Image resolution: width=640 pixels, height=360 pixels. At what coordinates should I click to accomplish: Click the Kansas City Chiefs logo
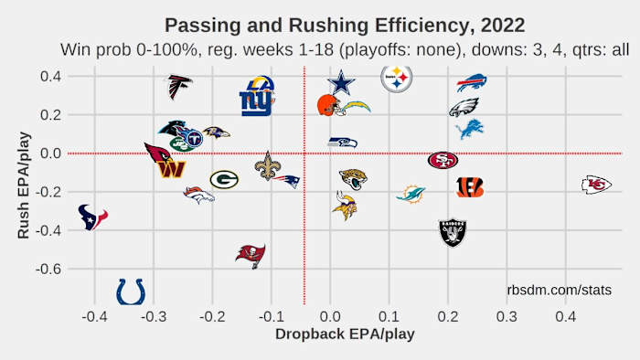596,185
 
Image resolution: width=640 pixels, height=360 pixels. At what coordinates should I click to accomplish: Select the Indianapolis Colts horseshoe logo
130,291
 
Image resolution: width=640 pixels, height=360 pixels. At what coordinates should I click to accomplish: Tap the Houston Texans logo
92,217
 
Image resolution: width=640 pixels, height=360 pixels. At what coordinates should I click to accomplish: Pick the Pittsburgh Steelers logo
397,80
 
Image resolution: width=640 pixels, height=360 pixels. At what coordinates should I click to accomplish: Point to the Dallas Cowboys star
341,83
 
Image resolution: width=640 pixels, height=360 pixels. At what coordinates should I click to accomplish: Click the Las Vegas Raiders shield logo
453,233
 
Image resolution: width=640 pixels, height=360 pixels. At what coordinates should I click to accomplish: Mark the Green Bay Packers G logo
224,179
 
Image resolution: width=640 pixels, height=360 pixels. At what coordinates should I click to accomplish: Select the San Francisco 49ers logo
443,160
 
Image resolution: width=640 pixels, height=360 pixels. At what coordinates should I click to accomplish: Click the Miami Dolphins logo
411,193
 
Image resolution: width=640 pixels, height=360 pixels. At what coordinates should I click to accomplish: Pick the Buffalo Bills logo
472,83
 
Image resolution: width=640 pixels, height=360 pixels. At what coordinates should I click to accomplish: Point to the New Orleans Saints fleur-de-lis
267,166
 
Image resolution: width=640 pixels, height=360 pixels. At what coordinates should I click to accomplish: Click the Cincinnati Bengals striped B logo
469,187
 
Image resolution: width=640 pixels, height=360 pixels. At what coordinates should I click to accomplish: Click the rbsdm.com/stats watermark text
559,290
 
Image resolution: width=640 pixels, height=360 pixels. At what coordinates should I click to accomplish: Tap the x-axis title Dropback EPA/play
345,334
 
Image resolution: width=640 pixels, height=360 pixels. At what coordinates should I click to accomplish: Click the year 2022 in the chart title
505,23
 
